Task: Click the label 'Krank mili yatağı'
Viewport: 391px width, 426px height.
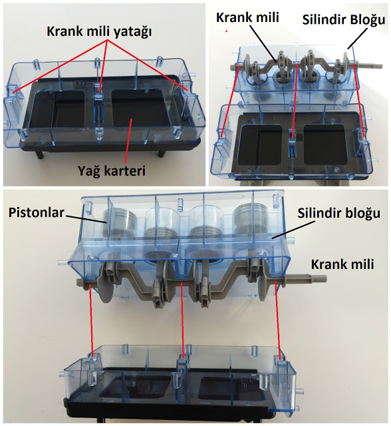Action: click(99, 32)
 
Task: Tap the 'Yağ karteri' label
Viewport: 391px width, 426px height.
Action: click(112, 171)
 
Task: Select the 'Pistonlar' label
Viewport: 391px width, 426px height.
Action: click(37, 212)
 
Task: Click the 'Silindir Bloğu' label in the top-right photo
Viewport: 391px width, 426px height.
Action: click(344, 20)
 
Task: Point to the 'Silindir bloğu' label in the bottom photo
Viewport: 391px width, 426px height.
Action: click(339, 213)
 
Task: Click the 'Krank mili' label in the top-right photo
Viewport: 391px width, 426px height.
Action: click(247, 17)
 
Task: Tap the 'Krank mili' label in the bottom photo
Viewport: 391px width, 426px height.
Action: click(342, 264)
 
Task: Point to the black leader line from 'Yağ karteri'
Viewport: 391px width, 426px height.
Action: click(128, 140)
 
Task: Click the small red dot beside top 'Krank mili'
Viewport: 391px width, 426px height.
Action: click(226, 31)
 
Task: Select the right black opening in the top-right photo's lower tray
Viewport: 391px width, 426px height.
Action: click(325, 145)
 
